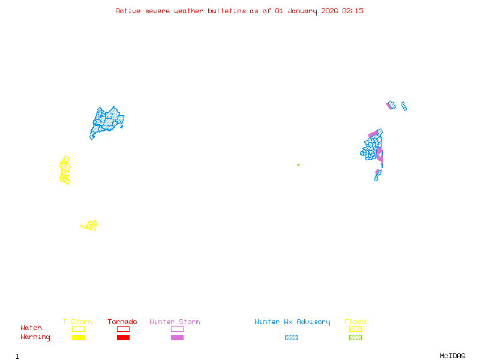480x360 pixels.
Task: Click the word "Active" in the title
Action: coord(128,11)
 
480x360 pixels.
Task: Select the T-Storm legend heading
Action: coord(77,322)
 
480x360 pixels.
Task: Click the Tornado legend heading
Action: coord(122,322)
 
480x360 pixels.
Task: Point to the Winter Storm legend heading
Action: coord(175,322)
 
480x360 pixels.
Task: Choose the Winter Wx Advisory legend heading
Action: coord(292,322)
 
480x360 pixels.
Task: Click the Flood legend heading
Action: coord(355,322)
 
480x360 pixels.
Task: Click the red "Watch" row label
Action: coord(31,328)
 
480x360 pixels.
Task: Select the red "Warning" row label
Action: coord(35,337)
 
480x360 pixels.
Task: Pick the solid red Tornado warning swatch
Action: coord(123,338)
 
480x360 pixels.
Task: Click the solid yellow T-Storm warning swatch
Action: coord(78,338)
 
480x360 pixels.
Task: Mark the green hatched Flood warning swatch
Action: coord(355,338)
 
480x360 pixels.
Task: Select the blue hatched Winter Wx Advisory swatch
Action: coord(291,338)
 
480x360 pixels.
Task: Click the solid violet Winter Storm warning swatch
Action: coord(177,338)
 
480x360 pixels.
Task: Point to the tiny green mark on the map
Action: coord(298,164)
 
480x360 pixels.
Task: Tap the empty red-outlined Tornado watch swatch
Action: coord(123,329)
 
